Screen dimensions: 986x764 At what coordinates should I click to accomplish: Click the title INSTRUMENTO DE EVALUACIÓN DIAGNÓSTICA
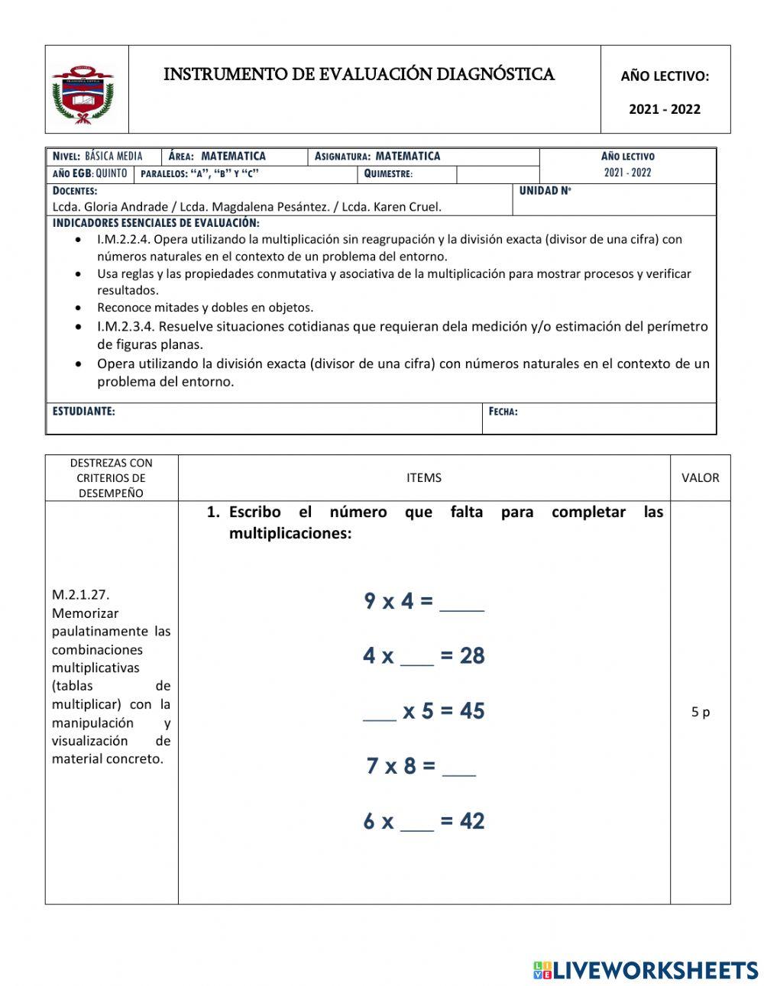pyautogui.click(x=359, y=74)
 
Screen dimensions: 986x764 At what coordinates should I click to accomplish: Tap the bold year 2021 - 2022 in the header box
pyautogui.click(x=664, y=109)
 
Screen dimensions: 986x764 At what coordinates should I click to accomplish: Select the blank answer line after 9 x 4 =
pyautogui.click(x=461, y=603)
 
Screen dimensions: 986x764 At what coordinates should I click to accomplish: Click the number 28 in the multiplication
pyautogui.click(x=472, y=656)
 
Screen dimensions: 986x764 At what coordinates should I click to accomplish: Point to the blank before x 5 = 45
pyautogui.click(x=379, y=713)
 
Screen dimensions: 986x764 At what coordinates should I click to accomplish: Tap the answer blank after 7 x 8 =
pyautogui.click(x=459, y=768)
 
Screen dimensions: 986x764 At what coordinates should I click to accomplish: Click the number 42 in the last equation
pyautogui.click(x=472, y=821)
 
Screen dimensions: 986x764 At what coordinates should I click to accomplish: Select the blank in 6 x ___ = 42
pyautogui.click(x=416, y=823)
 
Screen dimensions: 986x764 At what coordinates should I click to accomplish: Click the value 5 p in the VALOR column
pyautogui.click(x=700, y=712)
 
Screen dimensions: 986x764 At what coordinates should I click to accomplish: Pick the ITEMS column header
pyautogui.click(x=424, y=478)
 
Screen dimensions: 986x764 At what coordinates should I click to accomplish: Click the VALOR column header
pyautogui.click(x=700, y=478)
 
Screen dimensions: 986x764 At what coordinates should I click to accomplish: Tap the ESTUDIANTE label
pyautogui.click(x=84, y=412)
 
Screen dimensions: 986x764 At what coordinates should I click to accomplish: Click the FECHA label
pyautogui.click(x=503, y=412)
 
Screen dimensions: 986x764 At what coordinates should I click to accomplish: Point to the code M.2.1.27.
pyautogui.click(x=76, y=595)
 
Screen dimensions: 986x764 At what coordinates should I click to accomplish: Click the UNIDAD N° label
pyautogui.click(x=545, y=191)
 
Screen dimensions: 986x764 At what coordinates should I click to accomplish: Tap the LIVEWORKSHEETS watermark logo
pyautogui.click(x=645, y=970)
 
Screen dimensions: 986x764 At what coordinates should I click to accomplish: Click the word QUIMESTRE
pyautogui.click(x=388, y=173)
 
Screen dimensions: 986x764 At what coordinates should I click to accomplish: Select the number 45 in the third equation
pyautogui.click(x=472, y=711)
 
